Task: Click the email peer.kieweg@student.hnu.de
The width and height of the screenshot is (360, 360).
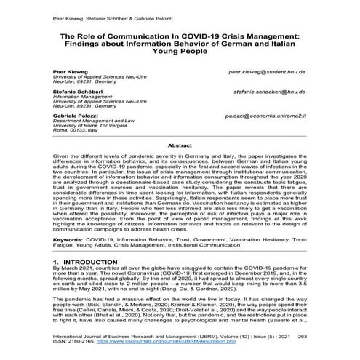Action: click(267, 73)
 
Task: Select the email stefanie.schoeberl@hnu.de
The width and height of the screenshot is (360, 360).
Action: click(270, 92)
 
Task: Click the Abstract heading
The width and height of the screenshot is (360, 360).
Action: click(179, 145)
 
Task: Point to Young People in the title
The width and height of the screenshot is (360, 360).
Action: click(179, 52)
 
